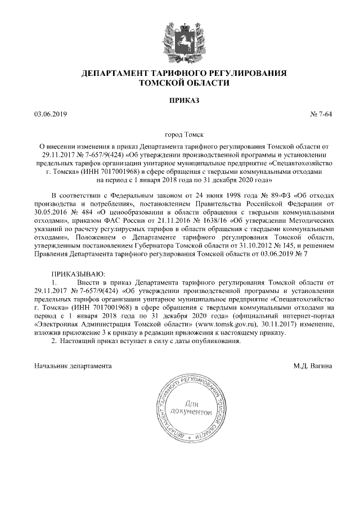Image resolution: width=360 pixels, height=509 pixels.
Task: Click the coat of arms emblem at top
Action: point(180,38)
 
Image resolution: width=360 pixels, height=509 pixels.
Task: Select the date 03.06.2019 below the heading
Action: point(50,115)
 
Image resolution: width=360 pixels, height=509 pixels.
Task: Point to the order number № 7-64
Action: point(321,115)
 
